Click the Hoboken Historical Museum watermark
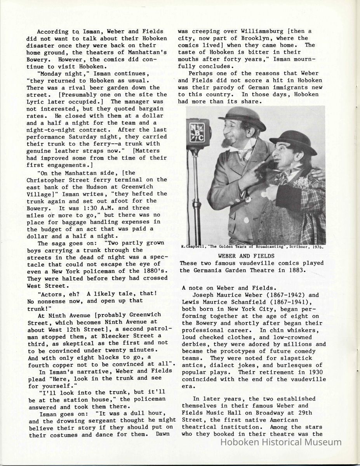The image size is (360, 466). tap(281, 442)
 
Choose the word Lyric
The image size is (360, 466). tap(35, 101)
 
